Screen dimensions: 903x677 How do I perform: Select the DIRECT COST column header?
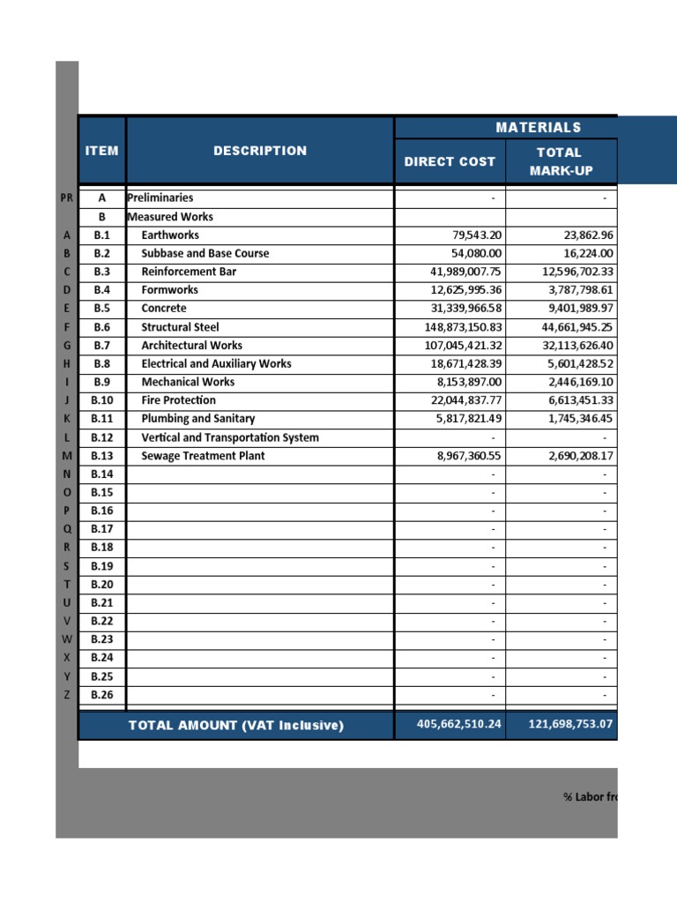[450, 161]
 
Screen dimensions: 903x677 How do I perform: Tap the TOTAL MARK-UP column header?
[559, 161]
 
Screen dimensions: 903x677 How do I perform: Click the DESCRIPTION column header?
[260, 151]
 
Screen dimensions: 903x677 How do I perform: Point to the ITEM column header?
[101, 151]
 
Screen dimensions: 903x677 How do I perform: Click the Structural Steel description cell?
[180, 327]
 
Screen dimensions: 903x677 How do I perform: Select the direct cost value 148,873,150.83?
[463, 327]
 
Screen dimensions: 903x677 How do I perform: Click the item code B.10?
[101, 400]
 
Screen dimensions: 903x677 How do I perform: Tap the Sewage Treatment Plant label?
[203, 456]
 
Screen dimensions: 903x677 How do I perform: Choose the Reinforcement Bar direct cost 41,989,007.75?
[463, 272]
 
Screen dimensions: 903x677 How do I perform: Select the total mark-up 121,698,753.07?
[561, 725]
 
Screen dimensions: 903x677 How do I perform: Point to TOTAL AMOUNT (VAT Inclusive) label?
[236, 726]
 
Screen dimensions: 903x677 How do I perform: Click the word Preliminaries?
[160, 198]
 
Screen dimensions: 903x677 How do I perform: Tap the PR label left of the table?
[66, 198]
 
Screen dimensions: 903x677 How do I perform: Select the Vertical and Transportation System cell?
[230, 437]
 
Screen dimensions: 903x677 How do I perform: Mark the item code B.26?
[101, 695]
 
